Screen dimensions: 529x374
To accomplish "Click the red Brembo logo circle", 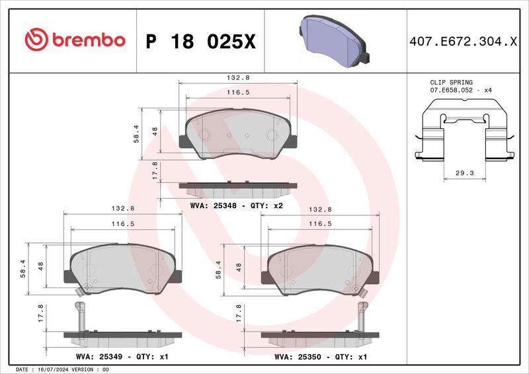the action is tap(36, 40).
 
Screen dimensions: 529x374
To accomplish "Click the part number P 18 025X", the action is tap(201, 42).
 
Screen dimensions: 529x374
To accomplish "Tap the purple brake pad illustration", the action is tap(334, 41).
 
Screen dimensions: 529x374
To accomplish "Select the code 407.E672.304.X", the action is tap(463, 42).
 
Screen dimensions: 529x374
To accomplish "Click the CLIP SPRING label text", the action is tap(451, 83).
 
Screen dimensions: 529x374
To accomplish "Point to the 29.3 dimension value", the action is tap(465, 173).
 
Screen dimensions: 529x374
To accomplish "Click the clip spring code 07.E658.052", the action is tap(452, 91).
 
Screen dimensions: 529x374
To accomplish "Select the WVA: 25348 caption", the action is tap(213, 206).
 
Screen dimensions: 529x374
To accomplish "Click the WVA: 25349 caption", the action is tap(99, 357).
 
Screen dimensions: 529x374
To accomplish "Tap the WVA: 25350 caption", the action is tap(298, 357).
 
